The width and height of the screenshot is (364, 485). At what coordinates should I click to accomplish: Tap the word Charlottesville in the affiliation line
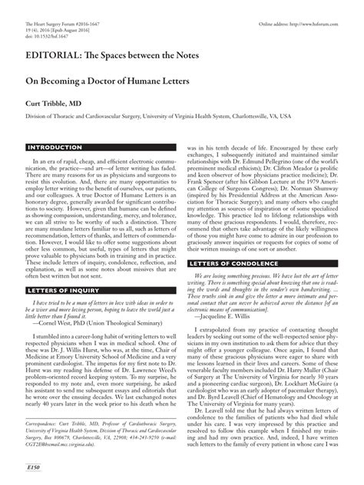(279, 116)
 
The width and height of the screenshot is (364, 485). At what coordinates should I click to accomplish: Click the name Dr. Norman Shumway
(317, 190)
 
